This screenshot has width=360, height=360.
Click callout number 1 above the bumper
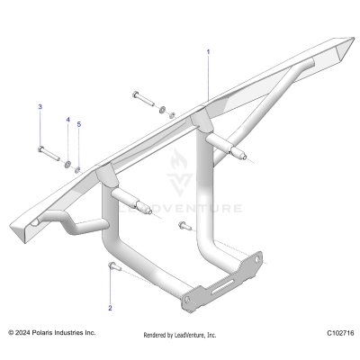click(208, 52)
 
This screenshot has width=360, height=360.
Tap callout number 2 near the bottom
click(110, 308)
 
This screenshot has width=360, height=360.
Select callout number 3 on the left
click(40, 107)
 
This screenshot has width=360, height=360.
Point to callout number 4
click(67, 120)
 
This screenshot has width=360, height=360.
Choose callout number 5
click(78, 124)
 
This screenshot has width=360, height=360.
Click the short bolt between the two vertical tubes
click(184, 225)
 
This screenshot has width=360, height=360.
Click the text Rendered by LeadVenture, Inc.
click(180, 335)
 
